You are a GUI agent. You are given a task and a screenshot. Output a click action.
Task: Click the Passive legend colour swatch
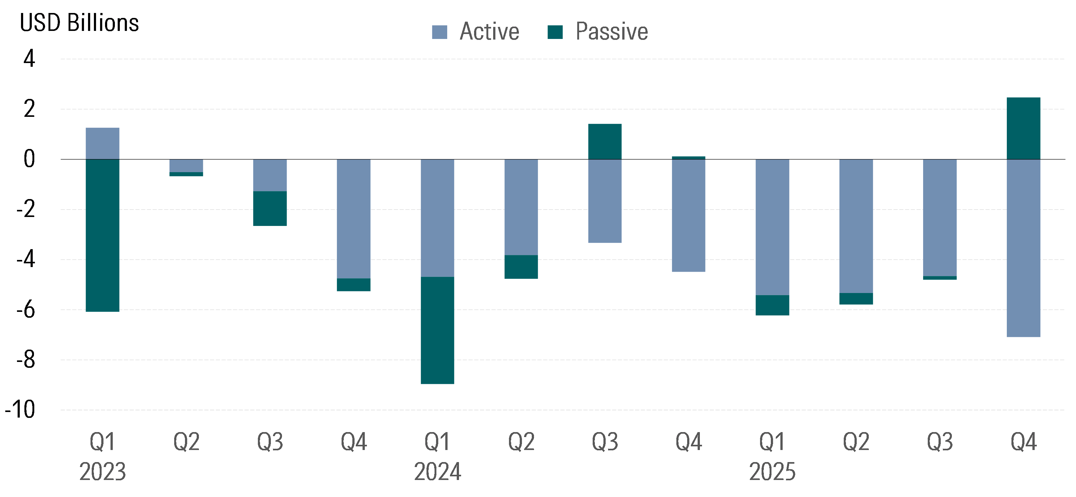[555, 32]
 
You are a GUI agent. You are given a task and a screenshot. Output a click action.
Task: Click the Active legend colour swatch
[439, 32]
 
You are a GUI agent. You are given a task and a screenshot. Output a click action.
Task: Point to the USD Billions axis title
[79, 23]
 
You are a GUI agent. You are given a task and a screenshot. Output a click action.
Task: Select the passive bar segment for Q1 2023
[102, 235]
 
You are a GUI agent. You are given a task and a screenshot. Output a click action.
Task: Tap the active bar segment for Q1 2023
[102, 143]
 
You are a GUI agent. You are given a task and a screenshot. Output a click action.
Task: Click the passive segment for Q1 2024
[437, 330]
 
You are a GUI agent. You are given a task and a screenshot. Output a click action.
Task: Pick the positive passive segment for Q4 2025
[1023, 128]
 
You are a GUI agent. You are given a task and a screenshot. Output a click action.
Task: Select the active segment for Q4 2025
[1023, 248]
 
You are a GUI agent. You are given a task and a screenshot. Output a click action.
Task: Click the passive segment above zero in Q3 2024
[605, 142]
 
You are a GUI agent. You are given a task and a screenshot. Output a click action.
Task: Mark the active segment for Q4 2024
[688, 215]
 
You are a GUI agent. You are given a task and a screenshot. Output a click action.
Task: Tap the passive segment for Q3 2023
[270, 209]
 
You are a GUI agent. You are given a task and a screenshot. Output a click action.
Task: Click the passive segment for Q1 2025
[772, 305]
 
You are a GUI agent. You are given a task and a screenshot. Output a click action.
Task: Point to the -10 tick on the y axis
[20, 410]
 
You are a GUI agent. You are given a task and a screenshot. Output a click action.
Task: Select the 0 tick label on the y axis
[29, 159]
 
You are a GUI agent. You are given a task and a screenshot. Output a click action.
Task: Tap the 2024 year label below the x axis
[437, 472]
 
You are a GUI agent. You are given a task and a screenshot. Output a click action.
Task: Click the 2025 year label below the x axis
[772, 472]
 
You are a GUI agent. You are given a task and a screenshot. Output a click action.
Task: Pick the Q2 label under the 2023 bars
[186, 441]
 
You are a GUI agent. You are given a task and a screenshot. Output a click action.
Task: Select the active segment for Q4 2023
[353, 219]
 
